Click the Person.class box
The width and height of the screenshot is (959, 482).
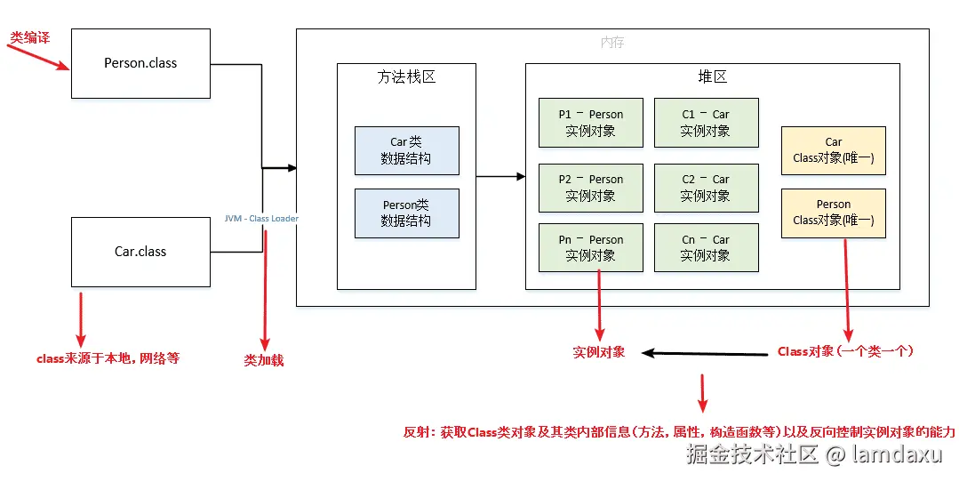[140, 63]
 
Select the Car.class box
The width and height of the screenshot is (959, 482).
[140, 252]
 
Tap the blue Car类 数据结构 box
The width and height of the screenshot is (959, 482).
[406, 150]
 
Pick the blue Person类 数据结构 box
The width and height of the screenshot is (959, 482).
[406, 213]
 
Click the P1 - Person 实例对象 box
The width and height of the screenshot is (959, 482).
[590, 123]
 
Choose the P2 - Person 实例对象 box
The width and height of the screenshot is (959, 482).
[590, 188]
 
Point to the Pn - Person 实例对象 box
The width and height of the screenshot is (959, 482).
[590, 247]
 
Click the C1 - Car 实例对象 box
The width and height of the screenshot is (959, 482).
[706, 123]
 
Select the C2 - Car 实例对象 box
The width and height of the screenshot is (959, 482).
[706, 188]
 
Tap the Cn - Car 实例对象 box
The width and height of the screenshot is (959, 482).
[706, 247]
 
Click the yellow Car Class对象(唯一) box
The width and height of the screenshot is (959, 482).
[833, 150]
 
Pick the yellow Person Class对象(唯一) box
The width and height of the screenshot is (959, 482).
[833, 213]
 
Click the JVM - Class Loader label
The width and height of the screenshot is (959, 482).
[261, 219]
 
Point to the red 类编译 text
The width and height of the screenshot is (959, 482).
[29, 37]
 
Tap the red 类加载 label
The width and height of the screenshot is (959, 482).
[264, 360]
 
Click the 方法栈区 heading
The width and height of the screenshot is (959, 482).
[406, 77]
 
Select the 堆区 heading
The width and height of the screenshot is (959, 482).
[712, 77]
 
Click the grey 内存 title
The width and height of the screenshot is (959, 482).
[612, 42]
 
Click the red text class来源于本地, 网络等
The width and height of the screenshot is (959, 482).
[108, 358]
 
